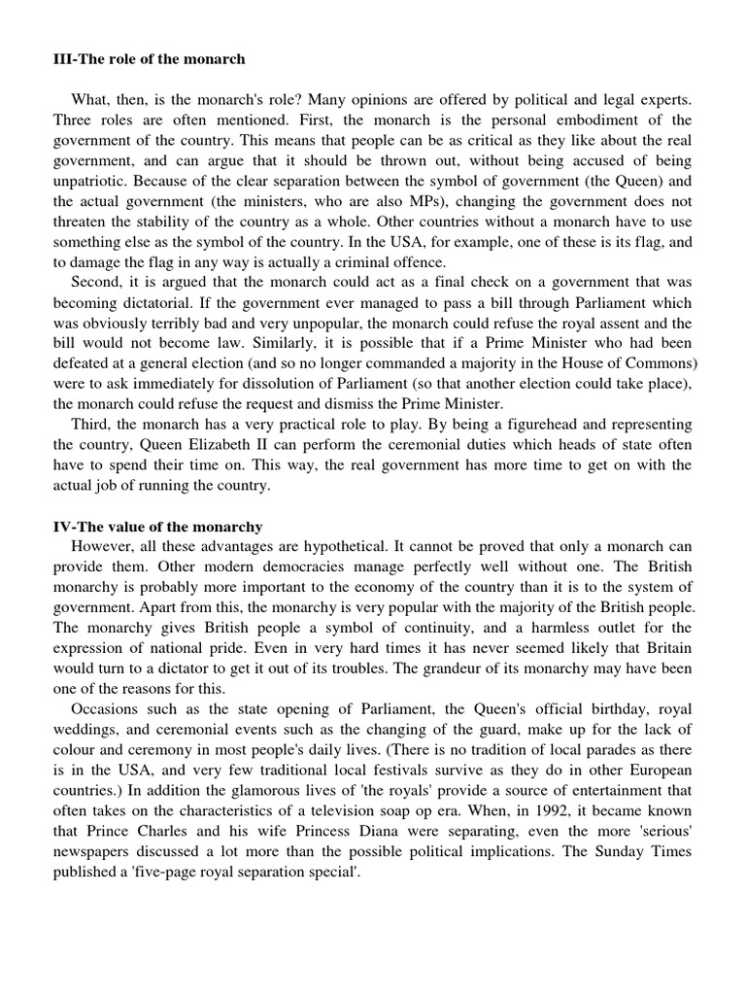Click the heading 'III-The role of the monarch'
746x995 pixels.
point(149,59)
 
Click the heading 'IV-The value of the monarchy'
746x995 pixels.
point(157,527)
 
